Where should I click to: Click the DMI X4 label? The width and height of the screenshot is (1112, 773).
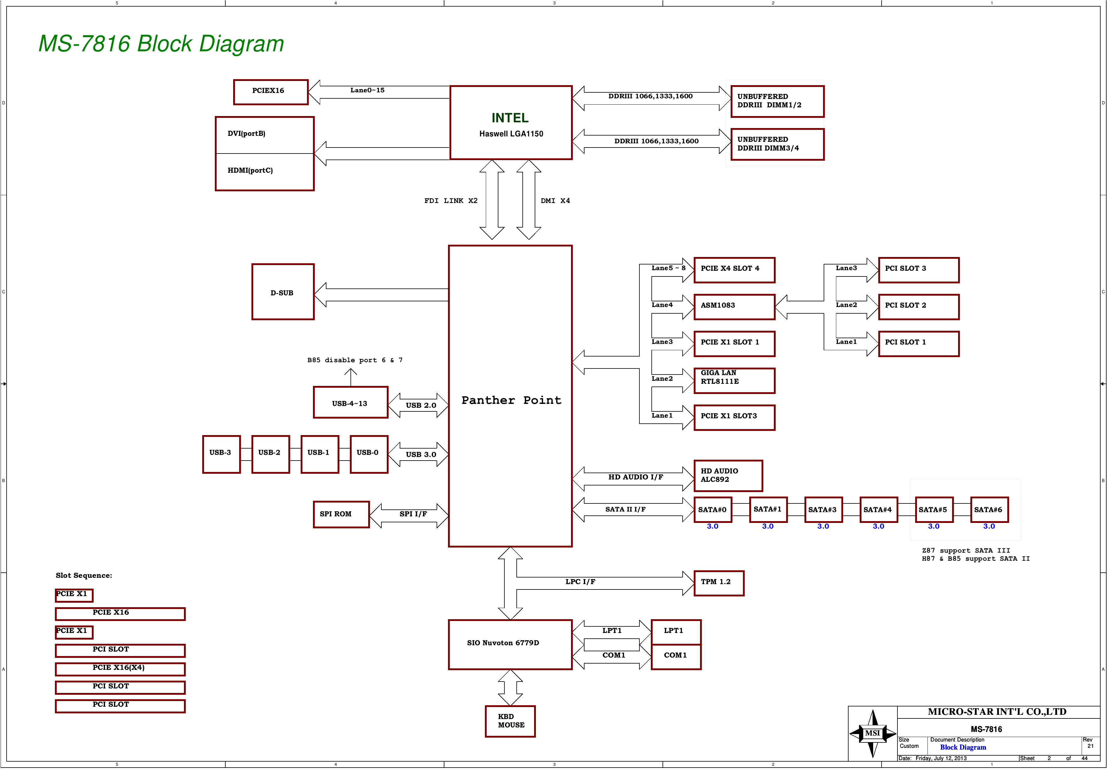pos(555,201)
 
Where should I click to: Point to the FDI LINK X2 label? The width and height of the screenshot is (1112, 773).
pos(451,201)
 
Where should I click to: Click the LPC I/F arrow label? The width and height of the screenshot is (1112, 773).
pos(580,582)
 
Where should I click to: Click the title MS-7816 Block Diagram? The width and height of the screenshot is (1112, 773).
pos(161,43)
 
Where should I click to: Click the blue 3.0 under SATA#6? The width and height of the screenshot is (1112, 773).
pos(989,527)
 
